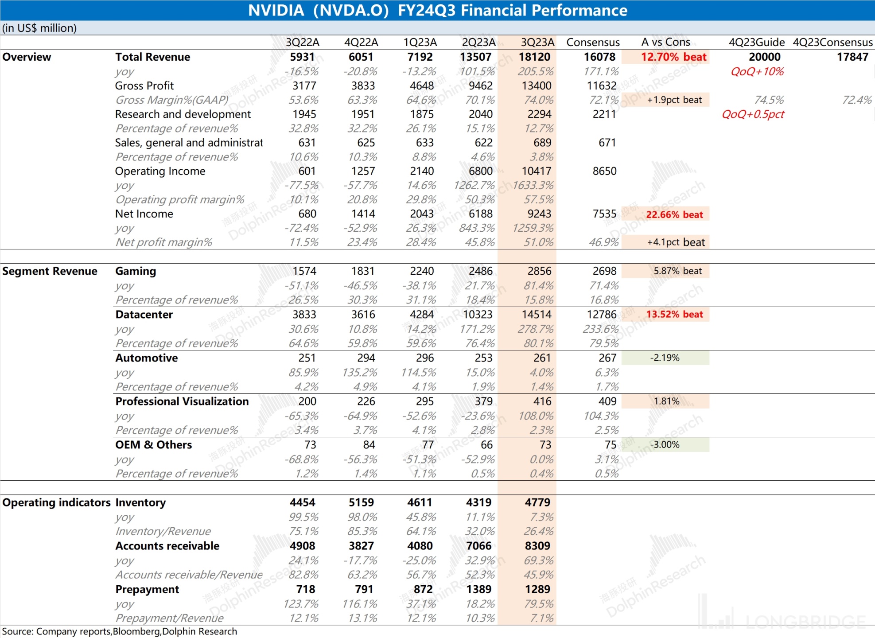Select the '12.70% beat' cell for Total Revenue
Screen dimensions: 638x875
click(673, 57)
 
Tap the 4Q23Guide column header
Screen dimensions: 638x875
click(756, 42)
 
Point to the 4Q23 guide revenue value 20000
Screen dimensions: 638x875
click(764, 57)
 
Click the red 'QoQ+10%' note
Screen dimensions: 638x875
click(757, 71)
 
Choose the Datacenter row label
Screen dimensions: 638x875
click(144, 315)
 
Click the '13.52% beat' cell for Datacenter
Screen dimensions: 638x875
click(674, 315)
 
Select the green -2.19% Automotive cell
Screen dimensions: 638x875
click(665, 358)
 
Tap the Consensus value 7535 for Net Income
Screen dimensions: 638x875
click(604, 214)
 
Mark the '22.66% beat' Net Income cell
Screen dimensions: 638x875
click(674, 214)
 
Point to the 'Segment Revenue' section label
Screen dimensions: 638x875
click(50, 271)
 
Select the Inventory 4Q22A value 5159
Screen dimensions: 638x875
click(361, 502)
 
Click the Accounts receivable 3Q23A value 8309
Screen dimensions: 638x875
click(537, 546)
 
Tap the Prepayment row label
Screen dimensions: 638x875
click(147, 589)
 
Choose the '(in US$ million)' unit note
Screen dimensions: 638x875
click(39, 28)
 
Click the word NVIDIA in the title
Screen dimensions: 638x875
click(276, 10)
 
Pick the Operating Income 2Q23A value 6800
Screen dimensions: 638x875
click(480, 171)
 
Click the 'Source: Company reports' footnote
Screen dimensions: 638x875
click(119, 631)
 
